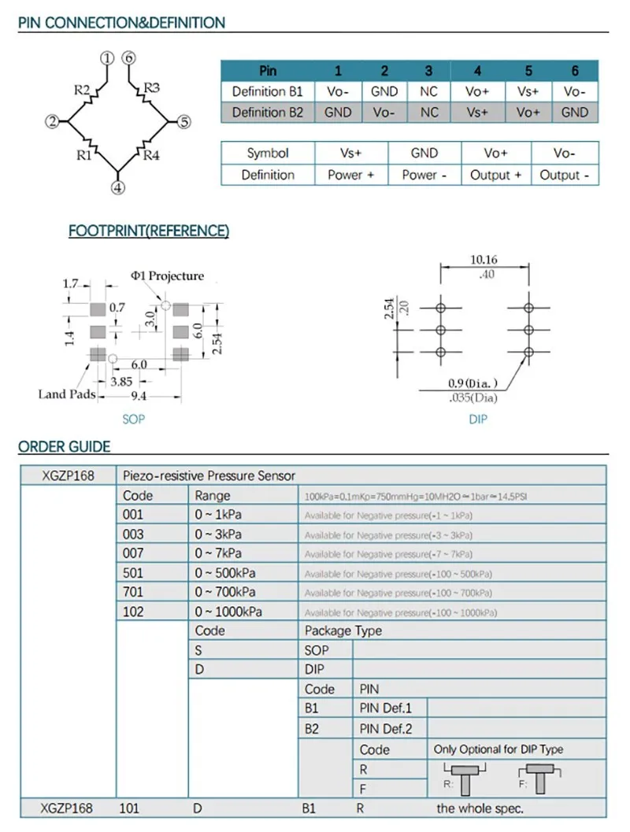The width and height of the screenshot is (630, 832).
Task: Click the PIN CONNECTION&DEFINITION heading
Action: pyautogui.click(x=121, y=23)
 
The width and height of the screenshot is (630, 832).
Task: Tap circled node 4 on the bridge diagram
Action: pyautogui.click(x=117, y=188)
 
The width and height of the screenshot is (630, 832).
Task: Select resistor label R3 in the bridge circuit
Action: pyautogui.click(x=152, y=87)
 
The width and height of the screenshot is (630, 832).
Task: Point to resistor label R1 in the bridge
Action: pyautogui.click(x=85, y=155)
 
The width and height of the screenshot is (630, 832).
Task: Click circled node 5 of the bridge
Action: pyautogui.click(x=183, y=122)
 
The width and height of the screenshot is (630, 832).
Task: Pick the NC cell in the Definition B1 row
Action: pyautogui.click(x=428, y=92)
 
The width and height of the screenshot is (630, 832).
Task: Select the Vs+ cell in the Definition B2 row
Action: pyautogui.click(x=479, y=113)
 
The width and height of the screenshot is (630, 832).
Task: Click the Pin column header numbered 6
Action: pyautogui.click(x=575, y=71)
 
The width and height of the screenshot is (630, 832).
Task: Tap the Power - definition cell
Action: pyautogui.click(x=424, y=175)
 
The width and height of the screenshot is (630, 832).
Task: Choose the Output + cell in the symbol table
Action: pyautogui.click(x=495, y=175)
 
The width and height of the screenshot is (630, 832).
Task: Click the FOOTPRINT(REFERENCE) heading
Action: pyautogui.click(x=149, y=231)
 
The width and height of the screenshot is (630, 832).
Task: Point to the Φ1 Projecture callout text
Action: pyautogui.click(x=167, y=276)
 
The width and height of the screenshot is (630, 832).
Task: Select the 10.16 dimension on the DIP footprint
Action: pyautogui.click(x=484, y=260)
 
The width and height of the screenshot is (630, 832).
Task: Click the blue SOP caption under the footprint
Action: pyautogui.click(x=134, y=420)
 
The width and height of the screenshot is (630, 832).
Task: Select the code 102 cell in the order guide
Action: pyautogui.click(x=134, y=612)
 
